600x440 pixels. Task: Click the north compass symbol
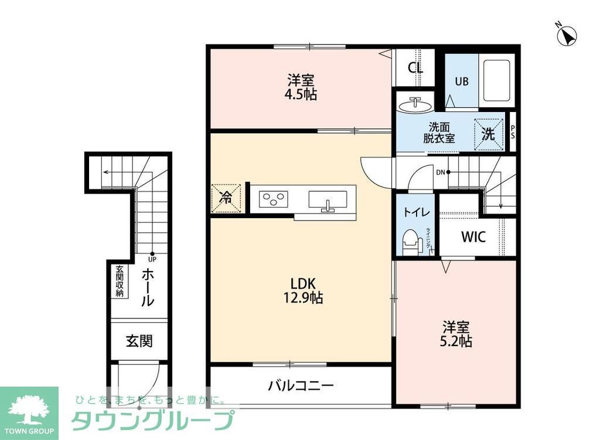(567, 36)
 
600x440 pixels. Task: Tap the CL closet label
(415, 68)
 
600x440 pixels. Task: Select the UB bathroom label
(462, 82)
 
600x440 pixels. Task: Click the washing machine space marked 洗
(488, 134)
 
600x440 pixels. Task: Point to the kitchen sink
(327, 201)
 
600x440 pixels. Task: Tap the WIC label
(473, 238)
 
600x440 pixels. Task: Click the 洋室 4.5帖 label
(302, 87)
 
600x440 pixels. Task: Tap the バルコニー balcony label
(301, 385)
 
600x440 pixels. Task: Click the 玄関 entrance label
(139, 341)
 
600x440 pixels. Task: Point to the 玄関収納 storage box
(120, 282)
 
